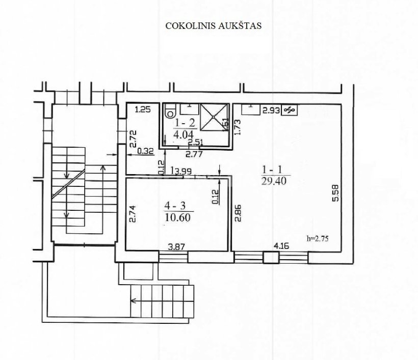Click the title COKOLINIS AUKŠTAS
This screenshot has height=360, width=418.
tap(213, 25)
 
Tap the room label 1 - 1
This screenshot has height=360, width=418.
tap(272, 170)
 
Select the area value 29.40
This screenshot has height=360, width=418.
tap(274, 181)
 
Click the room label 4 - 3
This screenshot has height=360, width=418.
tap(175, 206)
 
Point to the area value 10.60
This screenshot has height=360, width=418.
tap(178, 217)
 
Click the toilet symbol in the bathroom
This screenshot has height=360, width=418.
tap(170, 112)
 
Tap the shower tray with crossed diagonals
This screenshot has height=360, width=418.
tap(214, 117)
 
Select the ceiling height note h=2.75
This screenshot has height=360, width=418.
tap(318, 239)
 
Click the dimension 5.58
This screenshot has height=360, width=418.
tap(336, 193)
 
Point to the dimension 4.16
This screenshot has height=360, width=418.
tap(281, 246)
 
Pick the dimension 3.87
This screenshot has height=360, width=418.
tap(176, 247)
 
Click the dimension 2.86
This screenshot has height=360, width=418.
tap(238, 213)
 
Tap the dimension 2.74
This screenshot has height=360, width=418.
tap(133, 213)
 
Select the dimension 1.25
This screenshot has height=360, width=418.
tap(143, 109)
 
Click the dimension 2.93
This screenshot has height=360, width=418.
tap(271, 110)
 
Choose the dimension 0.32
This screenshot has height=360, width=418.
tap(146, 151)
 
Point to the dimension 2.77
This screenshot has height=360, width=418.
tap(194, 154)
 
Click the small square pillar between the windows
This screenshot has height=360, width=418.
tap(271, 258)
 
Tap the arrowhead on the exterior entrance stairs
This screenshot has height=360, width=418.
tap(133, 301)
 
